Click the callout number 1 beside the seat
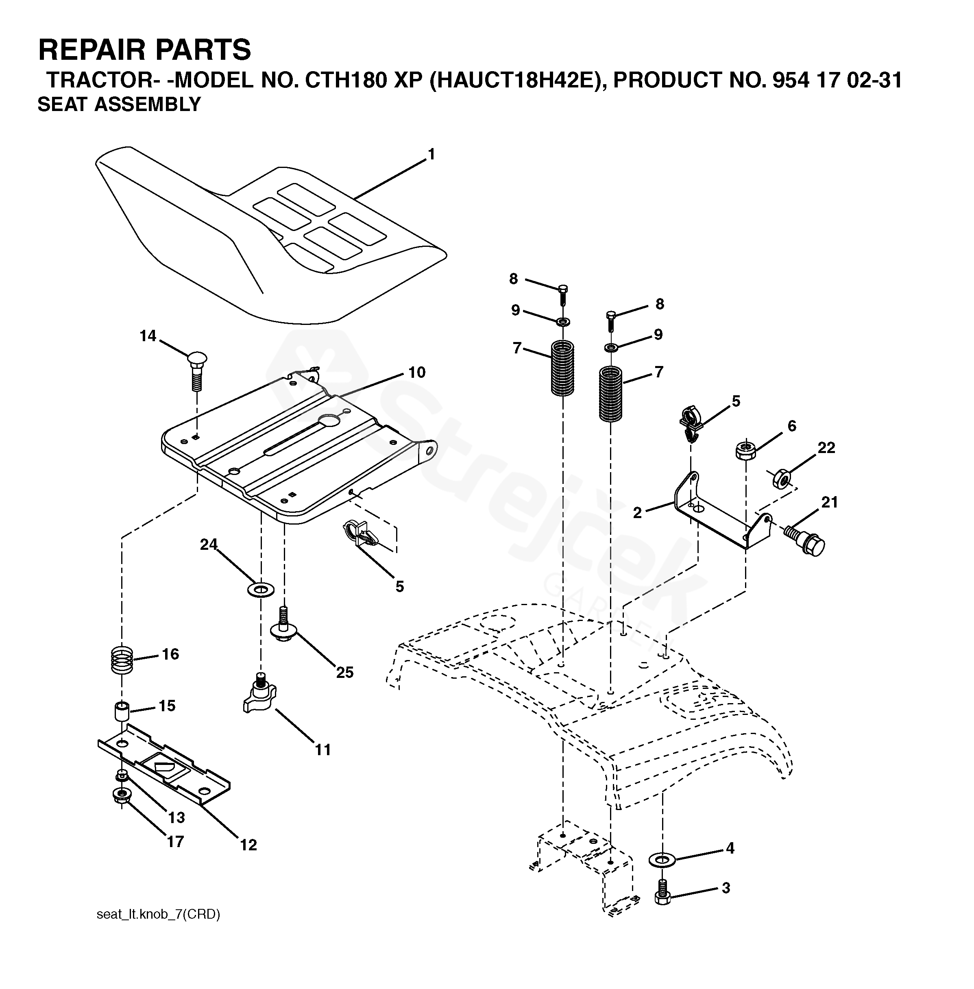coord(431,154)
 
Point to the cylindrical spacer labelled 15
coord(122,712)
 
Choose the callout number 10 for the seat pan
coord(417,373)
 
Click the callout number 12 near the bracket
coord(248,845)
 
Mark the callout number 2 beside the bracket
coord(637,513)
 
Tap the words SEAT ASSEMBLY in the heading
coord(119,105)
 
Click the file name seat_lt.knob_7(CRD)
coord(158,914)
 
